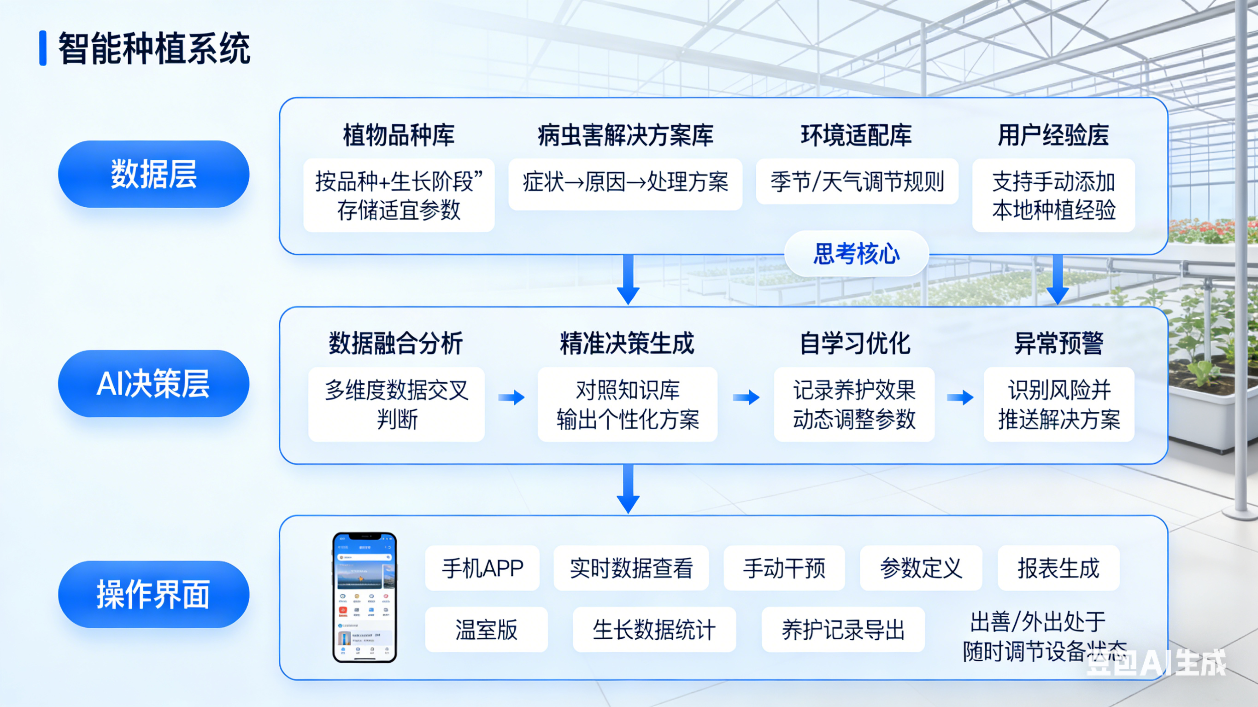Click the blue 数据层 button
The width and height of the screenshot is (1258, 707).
click(153, 174)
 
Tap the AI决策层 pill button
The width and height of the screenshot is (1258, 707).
click(153, 384)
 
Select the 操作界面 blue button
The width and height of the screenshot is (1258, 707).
click(153, 594)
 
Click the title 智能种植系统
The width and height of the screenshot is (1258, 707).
click(154, 48)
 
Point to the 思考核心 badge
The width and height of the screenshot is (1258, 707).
click(856, 254)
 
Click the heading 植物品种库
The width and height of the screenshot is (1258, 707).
click(399, 135)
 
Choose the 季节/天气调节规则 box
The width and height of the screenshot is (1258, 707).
click(857, 181)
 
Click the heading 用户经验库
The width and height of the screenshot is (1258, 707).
click(1053, 135)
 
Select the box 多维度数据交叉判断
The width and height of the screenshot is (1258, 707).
click(397, 404)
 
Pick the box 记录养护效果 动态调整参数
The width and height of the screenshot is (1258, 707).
click(854, 404)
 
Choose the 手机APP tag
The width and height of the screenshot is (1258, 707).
click(482, 568)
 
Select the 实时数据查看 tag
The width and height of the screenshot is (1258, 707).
click(631, 568)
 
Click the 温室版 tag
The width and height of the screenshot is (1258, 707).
click(487, 629)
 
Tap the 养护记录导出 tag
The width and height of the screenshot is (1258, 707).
click(843, 629)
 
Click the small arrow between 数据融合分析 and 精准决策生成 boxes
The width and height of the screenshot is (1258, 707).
click(511, 397)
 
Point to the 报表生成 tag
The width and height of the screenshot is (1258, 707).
click(1058, 568)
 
